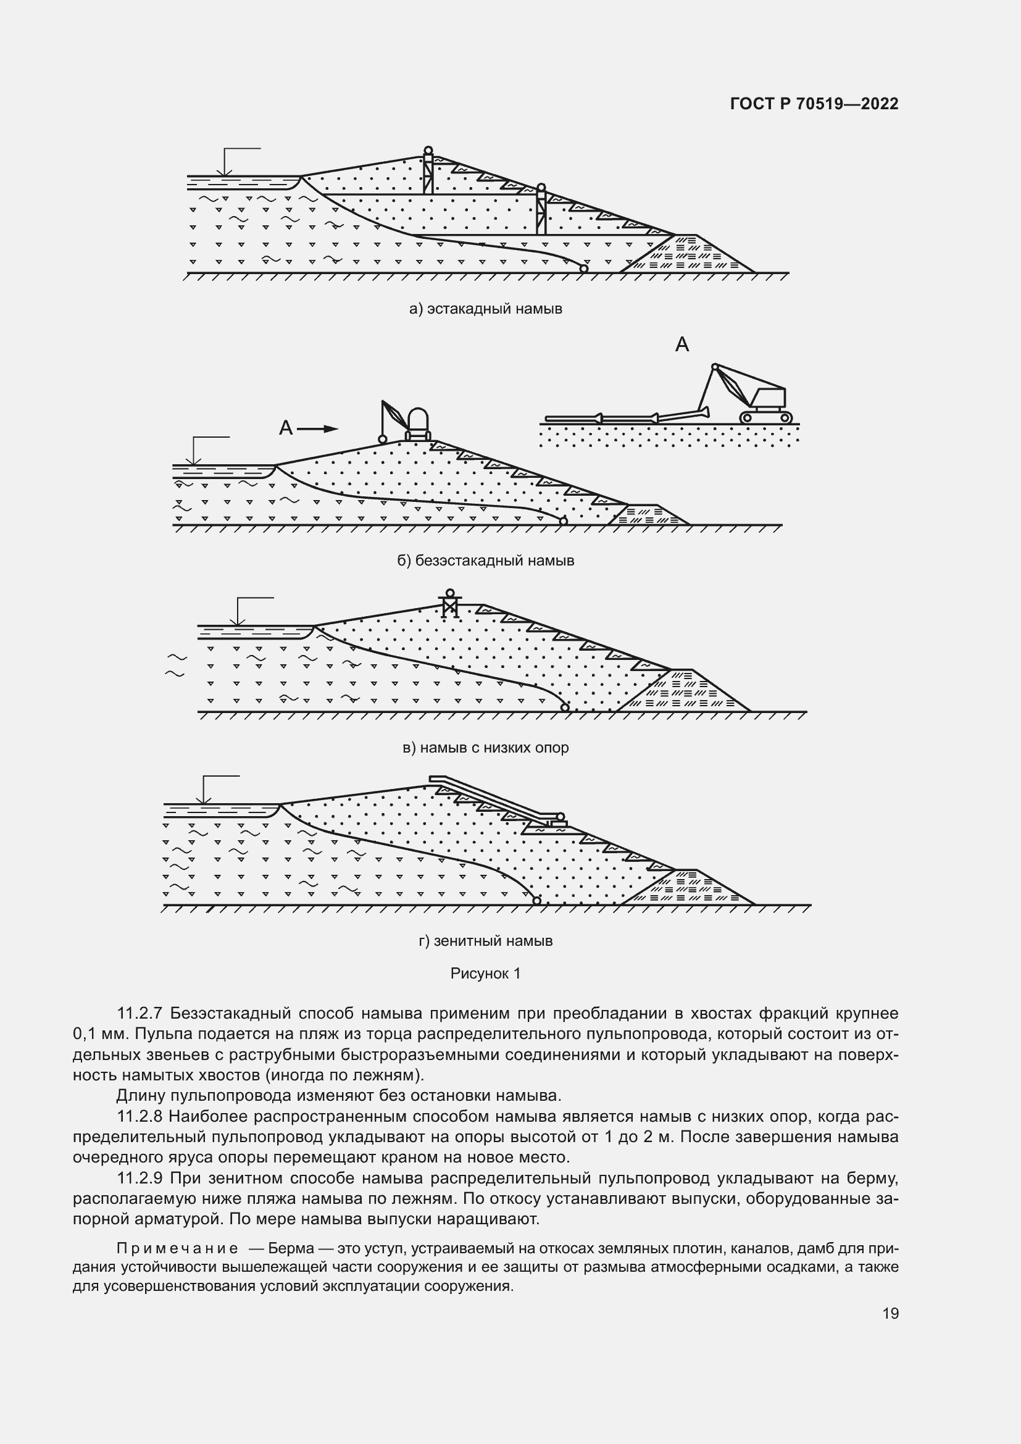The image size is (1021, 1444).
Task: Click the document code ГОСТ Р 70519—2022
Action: click(814, 104)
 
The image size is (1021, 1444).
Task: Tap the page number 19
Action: click(890, 1313)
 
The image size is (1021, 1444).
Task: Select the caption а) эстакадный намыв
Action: click(485, 309)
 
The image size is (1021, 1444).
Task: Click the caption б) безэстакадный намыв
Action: click(485, 561)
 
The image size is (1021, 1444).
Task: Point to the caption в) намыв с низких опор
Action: click(485, 748)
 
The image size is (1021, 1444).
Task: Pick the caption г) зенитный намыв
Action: click(485, 941)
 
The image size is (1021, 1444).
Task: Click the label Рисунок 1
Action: click(485, 974)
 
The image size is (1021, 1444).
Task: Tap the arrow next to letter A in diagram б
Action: click(317, 429)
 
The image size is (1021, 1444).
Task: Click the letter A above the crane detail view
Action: click(682, 344)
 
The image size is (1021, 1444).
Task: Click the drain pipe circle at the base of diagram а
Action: click(583, 269)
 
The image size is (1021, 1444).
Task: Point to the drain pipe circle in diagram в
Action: click(565, 707)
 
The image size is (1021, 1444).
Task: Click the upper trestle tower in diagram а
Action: click(428, 173)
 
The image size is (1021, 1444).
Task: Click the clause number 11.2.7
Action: click(140, 1013)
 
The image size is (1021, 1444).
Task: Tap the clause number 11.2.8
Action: click(140, 1116)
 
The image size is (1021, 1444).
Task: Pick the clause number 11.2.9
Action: click(140, 1178)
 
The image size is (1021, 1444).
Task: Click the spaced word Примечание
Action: click(177, 1248)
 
